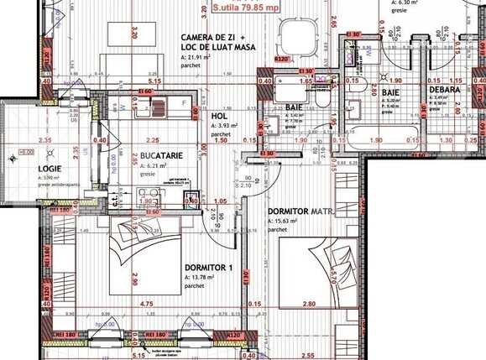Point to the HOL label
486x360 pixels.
click(x=219, y=116)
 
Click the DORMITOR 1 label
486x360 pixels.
click(x=207, y=269)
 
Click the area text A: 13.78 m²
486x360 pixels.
click(x=204, y=279)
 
